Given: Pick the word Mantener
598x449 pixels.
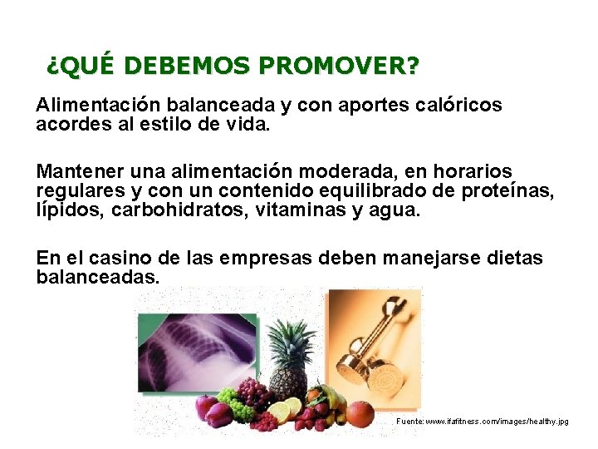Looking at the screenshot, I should (80, 171).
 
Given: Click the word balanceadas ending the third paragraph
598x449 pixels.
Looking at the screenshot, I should (97, 278).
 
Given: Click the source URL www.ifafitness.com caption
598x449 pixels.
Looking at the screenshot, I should (482, 422).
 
